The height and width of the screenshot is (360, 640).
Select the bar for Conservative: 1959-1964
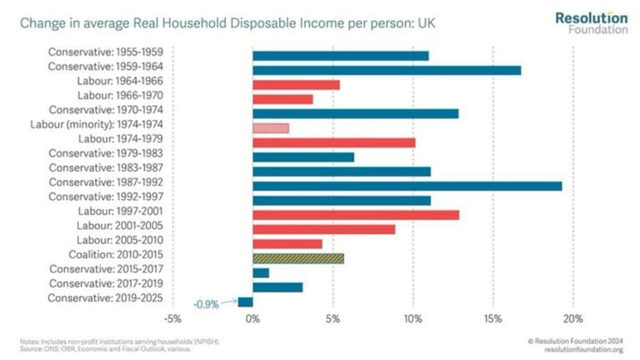point(387,70)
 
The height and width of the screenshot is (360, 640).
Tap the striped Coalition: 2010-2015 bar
point(297,258)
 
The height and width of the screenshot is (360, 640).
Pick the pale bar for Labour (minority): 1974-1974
point(270,128)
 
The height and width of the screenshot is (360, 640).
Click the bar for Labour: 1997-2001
point(355,215)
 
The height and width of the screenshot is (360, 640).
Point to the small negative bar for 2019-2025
point(245,302)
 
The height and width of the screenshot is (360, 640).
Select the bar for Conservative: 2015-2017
point(260,272)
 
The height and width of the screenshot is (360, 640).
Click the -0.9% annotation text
point(206,305)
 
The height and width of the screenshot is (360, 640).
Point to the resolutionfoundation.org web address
point(582,349)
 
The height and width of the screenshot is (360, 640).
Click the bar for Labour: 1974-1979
point(333,142)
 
